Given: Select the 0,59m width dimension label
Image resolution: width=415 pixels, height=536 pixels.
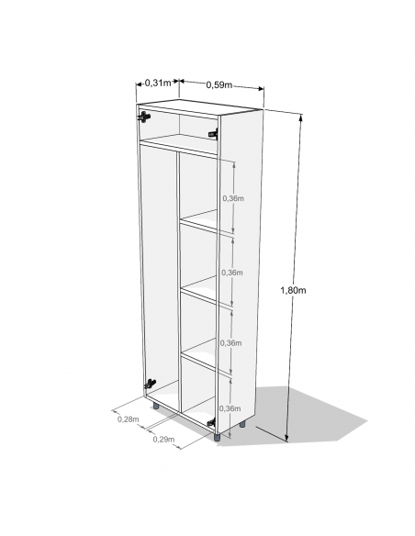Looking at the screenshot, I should (219, 85).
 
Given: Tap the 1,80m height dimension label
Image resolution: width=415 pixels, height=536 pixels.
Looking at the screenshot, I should (292, 290).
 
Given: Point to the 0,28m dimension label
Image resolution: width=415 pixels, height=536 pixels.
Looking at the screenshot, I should (128, 419).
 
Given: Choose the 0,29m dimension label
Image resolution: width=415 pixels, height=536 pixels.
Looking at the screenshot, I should (164, 440).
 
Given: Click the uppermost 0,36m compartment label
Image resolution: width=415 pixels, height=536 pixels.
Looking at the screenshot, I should (232, 198).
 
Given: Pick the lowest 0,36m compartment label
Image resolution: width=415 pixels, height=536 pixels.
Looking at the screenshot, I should (232, 408).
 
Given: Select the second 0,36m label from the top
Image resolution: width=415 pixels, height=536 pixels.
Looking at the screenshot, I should (232, 273).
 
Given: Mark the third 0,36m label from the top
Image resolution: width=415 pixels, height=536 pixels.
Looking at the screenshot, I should (232, 342).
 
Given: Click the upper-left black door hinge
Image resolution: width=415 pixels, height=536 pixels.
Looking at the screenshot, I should (144, 117).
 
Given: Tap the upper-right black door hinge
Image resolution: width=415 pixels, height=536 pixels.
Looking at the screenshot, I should (213, 135).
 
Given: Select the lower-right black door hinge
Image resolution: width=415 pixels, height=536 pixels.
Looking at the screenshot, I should (211, 422).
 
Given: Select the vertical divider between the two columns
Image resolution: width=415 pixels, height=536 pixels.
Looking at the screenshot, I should (176, 275).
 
